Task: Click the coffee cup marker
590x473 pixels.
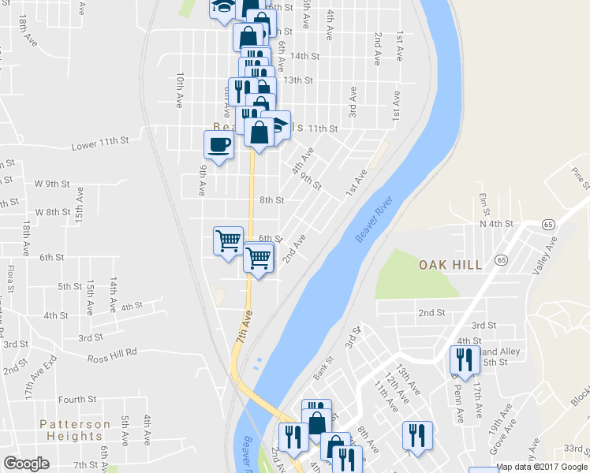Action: coord(218,144)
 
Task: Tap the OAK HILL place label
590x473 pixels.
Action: coord(450,265)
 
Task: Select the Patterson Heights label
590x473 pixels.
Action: coord(75,430)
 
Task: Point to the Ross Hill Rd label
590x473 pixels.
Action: coord(112,352)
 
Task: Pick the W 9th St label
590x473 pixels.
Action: coord(53,184)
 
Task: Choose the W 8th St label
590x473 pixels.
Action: coord(53,212)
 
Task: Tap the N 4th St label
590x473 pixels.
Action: coord(496,225)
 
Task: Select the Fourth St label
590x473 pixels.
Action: coord(77,400)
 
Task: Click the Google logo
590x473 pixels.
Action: coord(27,464)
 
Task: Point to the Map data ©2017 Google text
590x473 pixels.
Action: coord(542,467)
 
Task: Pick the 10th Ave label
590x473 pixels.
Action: coord(181,90)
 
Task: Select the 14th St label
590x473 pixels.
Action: coord(304,56)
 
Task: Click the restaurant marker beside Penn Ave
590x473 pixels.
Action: coord(461,359)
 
